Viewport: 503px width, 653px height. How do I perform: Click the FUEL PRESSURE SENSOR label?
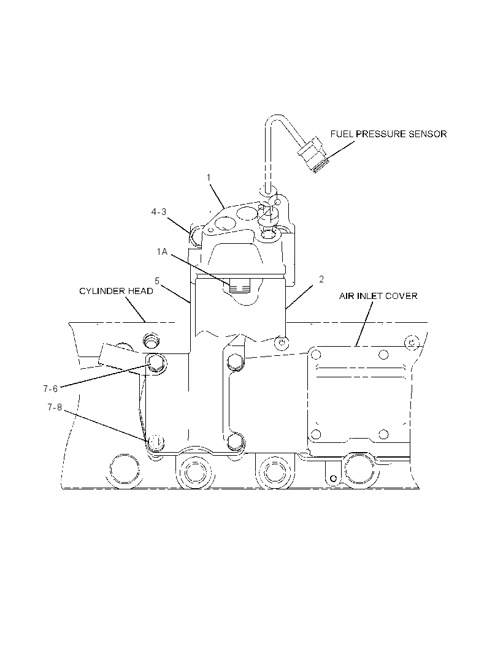tap(388, 134)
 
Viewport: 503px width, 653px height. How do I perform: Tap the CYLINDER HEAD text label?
tap(116, 291)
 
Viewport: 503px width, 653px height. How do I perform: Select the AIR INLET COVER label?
tap(378, 296)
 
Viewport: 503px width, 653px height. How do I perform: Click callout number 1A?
tap(162, 252)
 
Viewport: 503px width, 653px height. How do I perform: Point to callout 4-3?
tap(158, 212)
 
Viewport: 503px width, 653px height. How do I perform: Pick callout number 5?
tap(157, 281)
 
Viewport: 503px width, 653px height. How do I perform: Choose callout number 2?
tap(321, 279)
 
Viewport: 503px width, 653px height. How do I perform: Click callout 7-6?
tap(50, 389)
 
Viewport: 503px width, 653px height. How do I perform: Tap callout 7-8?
tap(54, 407)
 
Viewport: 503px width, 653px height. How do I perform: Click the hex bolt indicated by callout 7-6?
tap(156, 363)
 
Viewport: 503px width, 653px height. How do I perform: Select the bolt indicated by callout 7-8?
tap(156, 442)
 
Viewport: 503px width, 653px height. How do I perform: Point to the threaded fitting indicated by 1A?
tap(239, 286)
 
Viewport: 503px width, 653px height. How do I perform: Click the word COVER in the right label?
tap(402, 296)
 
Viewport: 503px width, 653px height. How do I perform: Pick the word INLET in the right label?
tap(370, 296)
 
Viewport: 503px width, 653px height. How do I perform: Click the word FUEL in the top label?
tap(342, 134)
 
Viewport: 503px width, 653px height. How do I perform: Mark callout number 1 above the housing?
tap(209, 178)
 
